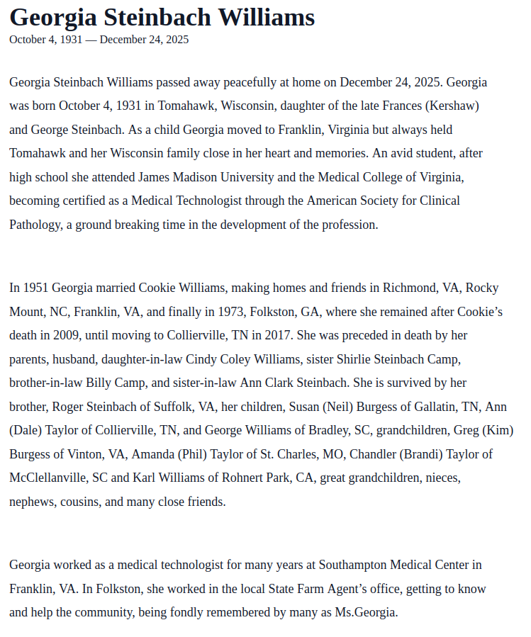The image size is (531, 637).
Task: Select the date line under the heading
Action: (x=99, y=40)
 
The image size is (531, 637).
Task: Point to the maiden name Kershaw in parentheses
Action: (x=452, y=106)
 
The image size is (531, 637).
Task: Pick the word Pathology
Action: (x=34, y=225)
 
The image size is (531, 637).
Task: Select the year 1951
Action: (x=36, y=288)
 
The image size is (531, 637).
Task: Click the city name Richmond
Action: (x=410, y=288)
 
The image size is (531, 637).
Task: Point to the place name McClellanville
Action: (x=48, y=478)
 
